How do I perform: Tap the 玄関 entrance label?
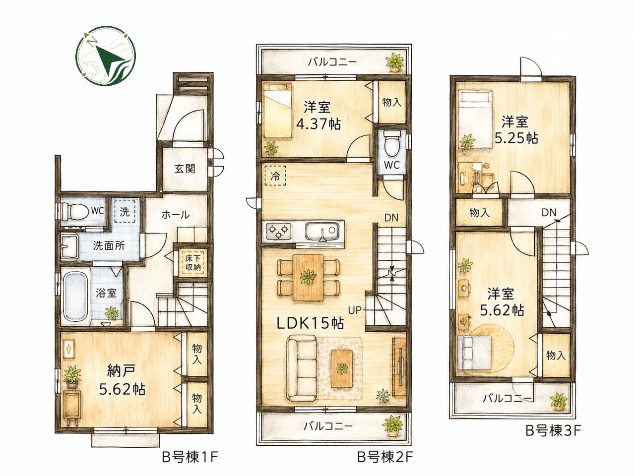point(185,169)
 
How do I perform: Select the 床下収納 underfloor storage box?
point(193,263)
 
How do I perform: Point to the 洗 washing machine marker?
point(125,212)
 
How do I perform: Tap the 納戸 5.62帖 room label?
point(122,381)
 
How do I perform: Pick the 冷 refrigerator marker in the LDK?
point(275,176)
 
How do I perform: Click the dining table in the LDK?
point(308,278)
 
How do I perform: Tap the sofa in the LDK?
point(301,368)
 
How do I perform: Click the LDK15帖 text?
point(311,323)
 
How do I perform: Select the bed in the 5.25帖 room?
point(475,119)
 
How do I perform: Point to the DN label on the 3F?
point(549,213)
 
